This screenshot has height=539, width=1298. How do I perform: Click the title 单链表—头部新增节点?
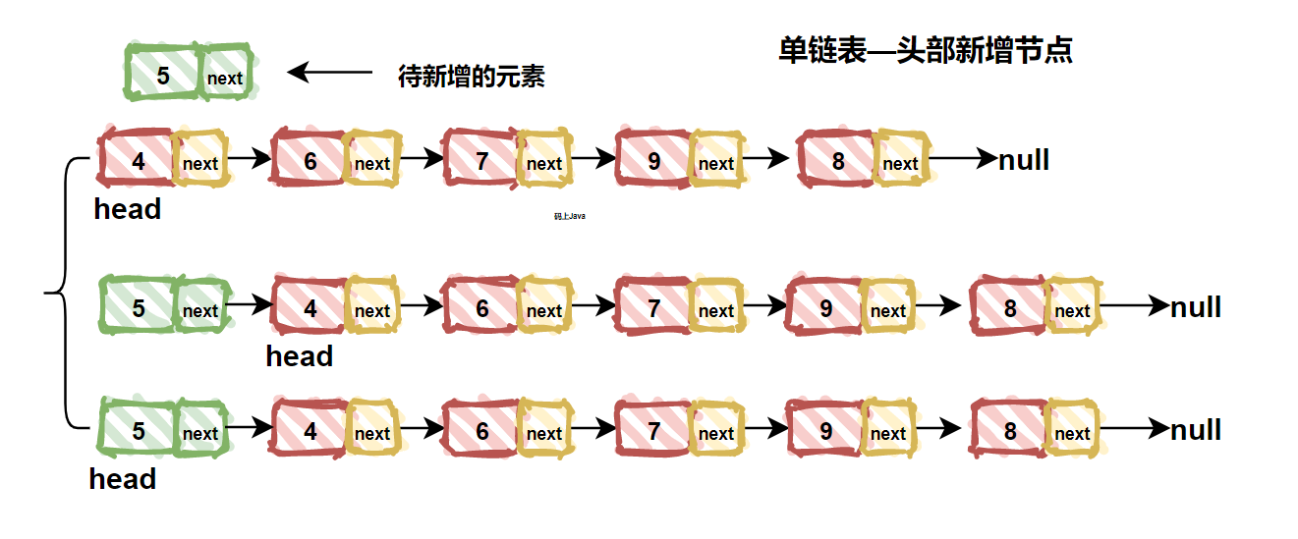click(925, 50)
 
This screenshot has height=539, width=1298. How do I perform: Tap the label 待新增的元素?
click(471, 77)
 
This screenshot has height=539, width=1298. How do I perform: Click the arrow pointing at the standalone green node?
click(330, 72)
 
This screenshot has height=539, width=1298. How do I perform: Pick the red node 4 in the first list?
click(139, 160)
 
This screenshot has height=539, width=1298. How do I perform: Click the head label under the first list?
click(127, 209)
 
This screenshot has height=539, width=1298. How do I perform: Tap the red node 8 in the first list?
click(837, 161)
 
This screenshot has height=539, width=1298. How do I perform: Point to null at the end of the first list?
click(1024, 159)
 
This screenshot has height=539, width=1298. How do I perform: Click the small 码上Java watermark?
click(570, 216)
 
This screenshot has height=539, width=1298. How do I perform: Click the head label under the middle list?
click(299, 356)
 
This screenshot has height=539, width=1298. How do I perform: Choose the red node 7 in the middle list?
click(653, 308)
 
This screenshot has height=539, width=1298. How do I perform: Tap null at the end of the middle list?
click(1196, 307)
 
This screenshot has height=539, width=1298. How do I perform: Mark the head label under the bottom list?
click(122, 479)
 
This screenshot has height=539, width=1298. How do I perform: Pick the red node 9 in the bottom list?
click(825, 431)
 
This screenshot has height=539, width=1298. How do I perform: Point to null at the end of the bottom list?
click(1196, 430)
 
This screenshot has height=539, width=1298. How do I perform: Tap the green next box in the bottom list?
click(200, 433)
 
